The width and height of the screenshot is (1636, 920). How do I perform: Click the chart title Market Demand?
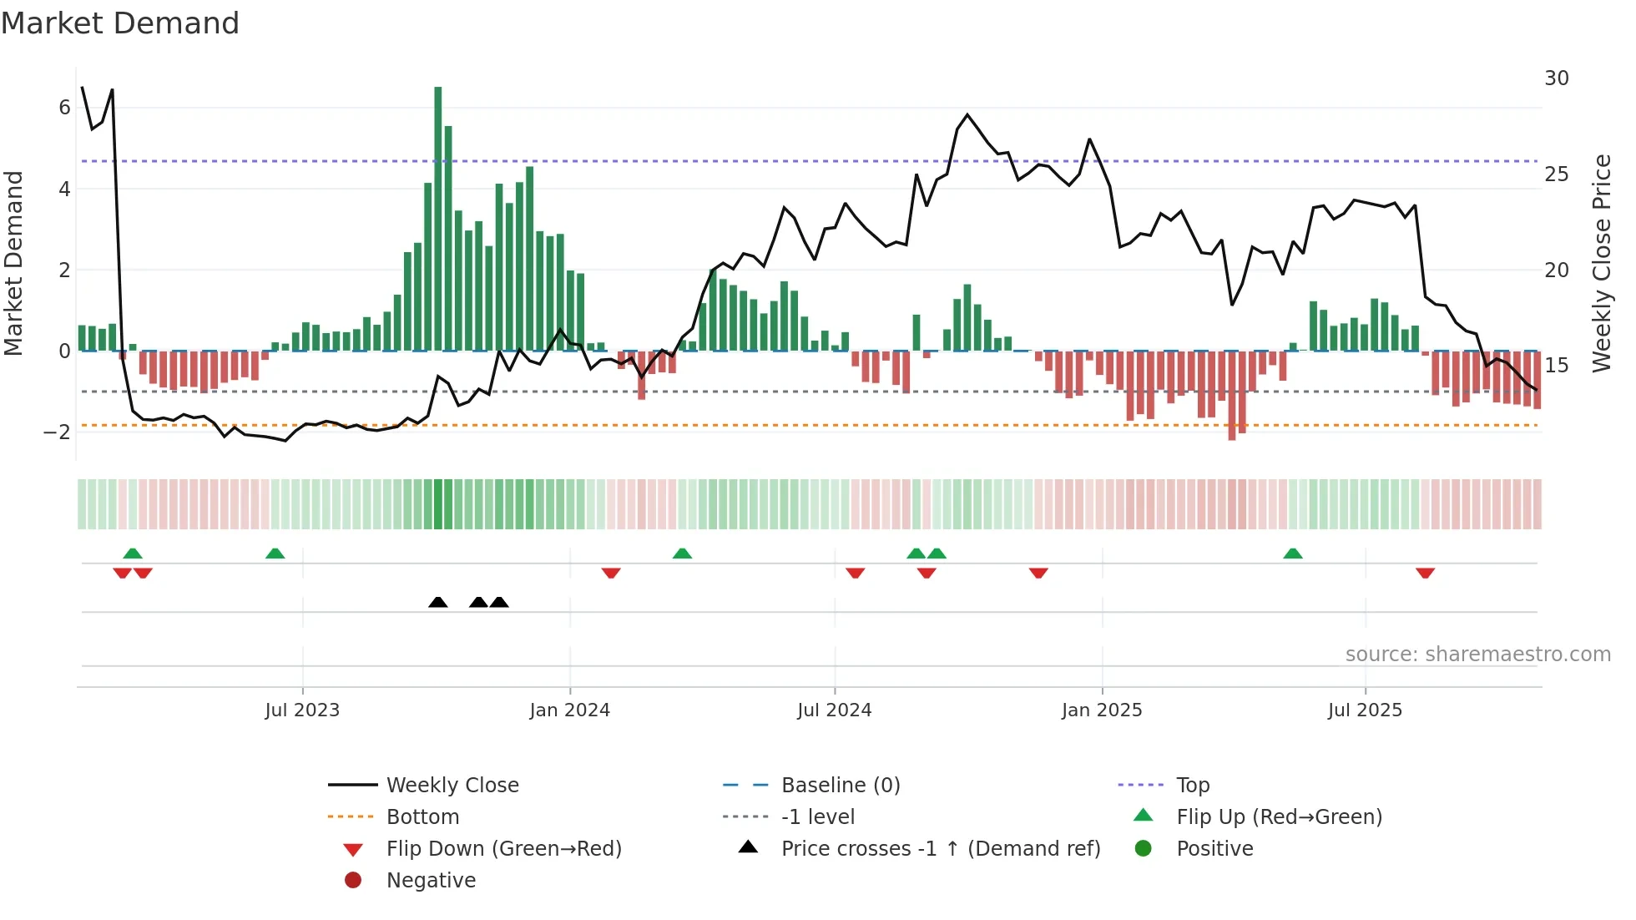pyautogui.click(x=120, y=23)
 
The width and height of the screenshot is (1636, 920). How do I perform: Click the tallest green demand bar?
pyautogui.click(x=438, y=219)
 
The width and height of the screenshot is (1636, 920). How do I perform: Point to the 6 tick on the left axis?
pyautogui.click(x=64, y=108)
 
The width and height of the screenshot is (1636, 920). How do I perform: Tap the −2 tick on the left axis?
pyautogui.click(x=57, y=432)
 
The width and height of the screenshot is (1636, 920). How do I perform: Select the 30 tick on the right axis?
pyautogui.click(x=1556, y=78)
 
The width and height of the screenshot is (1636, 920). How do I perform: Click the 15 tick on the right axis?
pyautogui.click(x=1556, y=366)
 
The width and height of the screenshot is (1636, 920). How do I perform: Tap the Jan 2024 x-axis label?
pyautogui.click(x=569, y=710)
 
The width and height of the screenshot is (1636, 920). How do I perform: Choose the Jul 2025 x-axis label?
pyautogui.click(x=1365, y=710)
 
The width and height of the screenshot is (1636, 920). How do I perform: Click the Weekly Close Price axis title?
pyautogui.click(x=1601, y=263)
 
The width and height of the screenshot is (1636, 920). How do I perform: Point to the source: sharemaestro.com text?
pyautogui.click(x=1477, y=655)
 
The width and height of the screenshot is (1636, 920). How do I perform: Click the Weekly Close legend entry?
pyautogui.click(x=452, y=786)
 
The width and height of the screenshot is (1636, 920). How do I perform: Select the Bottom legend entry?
pyautogui.click(x=422, y=817)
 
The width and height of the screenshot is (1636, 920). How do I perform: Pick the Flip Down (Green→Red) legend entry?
pyautogui.click(x=503, y=849)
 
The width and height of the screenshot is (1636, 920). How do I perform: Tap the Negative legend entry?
pyautogui.click(x=431, y=881)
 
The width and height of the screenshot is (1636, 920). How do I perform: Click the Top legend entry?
pyautogui.click(x=1192, y=786)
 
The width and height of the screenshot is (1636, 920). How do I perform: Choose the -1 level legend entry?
pyautogui.click(x=817, y=817)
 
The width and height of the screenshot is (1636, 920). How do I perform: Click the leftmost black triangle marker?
pyautogui.click(x=437, y=603)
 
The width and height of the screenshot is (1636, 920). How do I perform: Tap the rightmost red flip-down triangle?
pyautogui.click(x=1425, y=573)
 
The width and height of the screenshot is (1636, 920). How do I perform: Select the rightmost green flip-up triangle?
pyautogui.click(x=1292, y=554)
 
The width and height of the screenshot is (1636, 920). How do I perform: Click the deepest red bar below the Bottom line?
pyautogui.click(x=1232, y=396)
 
